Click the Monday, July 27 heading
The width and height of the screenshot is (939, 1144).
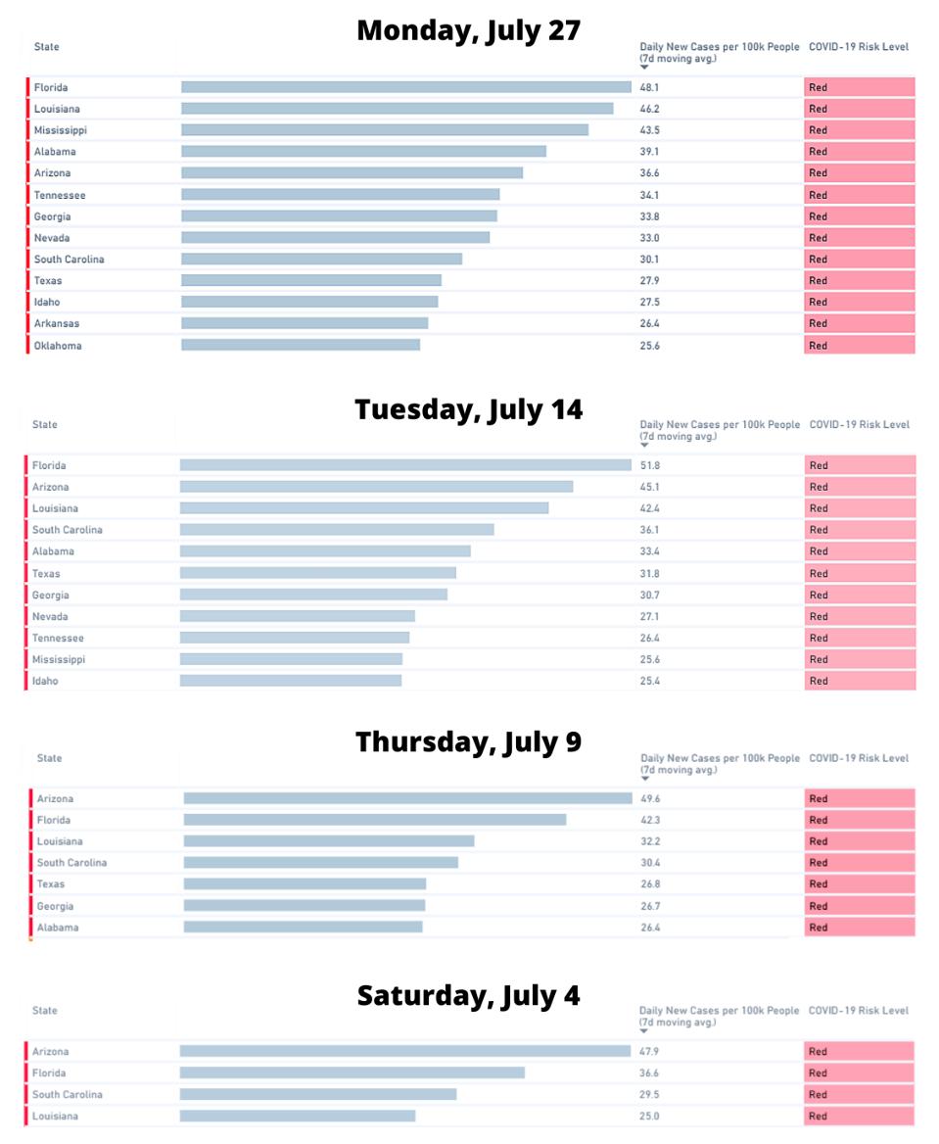tap(468, 30)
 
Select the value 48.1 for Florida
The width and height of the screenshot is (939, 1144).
tap(648, 87)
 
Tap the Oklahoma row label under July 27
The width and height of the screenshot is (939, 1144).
tap(58, 346)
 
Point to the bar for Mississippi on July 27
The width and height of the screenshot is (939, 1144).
tap(384, 130)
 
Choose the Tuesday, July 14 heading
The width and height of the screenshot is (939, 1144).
tap(468, 409)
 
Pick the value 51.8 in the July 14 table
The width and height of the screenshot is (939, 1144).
tap(648, 466)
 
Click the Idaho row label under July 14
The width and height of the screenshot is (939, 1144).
tap(46, 681)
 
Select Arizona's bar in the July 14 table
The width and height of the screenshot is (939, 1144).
tap(376, 487)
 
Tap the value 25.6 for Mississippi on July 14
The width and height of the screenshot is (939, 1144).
tap(648, 659)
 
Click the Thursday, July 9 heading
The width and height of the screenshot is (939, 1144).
tap(468, 742)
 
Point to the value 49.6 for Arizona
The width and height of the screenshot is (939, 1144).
tap(650, 799)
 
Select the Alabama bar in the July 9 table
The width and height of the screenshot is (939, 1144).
tap(303, 928)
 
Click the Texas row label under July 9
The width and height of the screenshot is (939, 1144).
tap(51, 884)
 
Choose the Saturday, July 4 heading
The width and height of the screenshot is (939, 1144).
tap(468, 996)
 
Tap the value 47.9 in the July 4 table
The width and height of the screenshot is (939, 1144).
tap(648, 1052)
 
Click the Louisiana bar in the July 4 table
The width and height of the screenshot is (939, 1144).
tap(297, 1116)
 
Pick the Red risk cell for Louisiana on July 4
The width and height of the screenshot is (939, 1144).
tap(859, 1116)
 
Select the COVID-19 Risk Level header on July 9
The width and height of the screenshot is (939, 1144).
tap(859, 758)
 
